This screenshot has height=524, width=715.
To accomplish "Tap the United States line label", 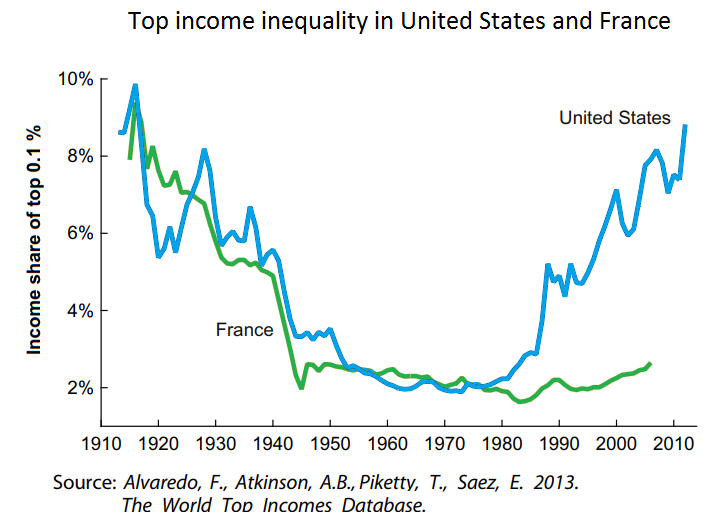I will [x=614, y=118].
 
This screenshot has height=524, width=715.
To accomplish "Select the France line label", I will [x=244, y=329].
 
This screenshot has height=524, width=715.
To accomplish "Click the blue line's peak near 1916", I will [x=135, y=86].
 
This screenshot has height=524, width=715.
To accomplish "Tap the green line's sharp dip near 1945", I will [x=301, y=387].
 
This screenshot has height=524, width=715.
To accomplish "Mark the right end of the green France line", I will [x=650, y=363].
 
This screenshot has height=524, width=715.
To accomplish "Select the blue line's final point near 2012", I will [x=685, y=125].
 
